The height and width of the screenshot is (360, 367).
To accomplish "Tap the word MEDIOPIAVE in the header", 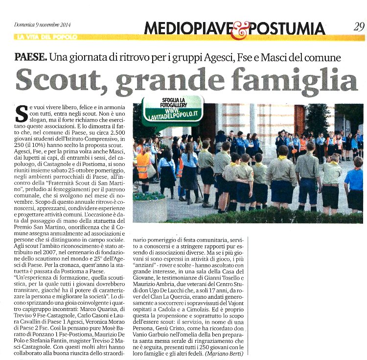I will pyautogui.click(x=186, y=28).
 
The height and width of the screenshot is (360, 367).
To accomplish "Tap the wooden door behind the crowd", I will pyautogui.click(x=299, y=119).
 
